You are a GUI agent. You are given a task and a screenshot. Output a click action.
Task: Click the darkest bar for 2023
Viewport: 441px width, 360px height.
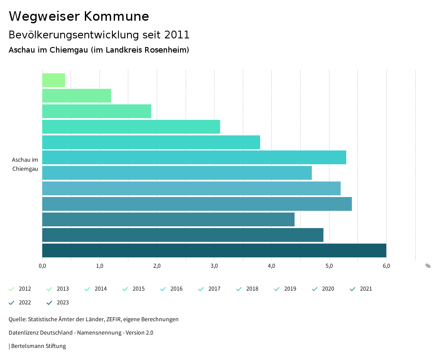pos(214,250)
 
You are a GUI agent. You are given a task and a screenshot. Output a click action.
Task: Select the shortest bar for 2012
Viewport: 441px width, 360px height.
pos(53,80)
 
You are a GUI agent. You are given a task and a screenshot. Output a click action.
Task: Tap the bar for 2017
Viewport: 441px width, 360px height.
pos(194,157)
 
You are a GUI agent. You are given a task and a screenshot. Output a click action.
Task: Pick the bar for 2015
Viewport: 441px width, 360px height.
pos(131,127)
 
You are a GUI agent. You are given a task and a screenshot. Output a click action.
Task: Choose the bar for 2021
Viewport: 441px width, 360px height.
pos(168,219)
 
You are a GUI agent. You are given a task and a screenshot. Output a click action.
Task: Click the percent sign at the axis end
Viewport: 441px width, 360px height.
pos(428,266)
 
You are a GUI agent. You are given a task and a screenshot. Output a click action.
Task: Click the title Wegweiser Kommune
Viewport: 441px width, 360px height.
pos(79,16)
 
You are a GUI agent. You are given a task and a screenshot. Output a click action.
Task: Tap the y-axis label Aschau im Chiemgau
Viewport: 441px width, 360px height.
pos(25,164)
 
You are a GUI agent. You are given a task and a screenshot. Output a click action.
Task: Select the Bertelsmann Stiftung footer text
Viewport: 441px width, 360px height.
pos(38,346)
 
